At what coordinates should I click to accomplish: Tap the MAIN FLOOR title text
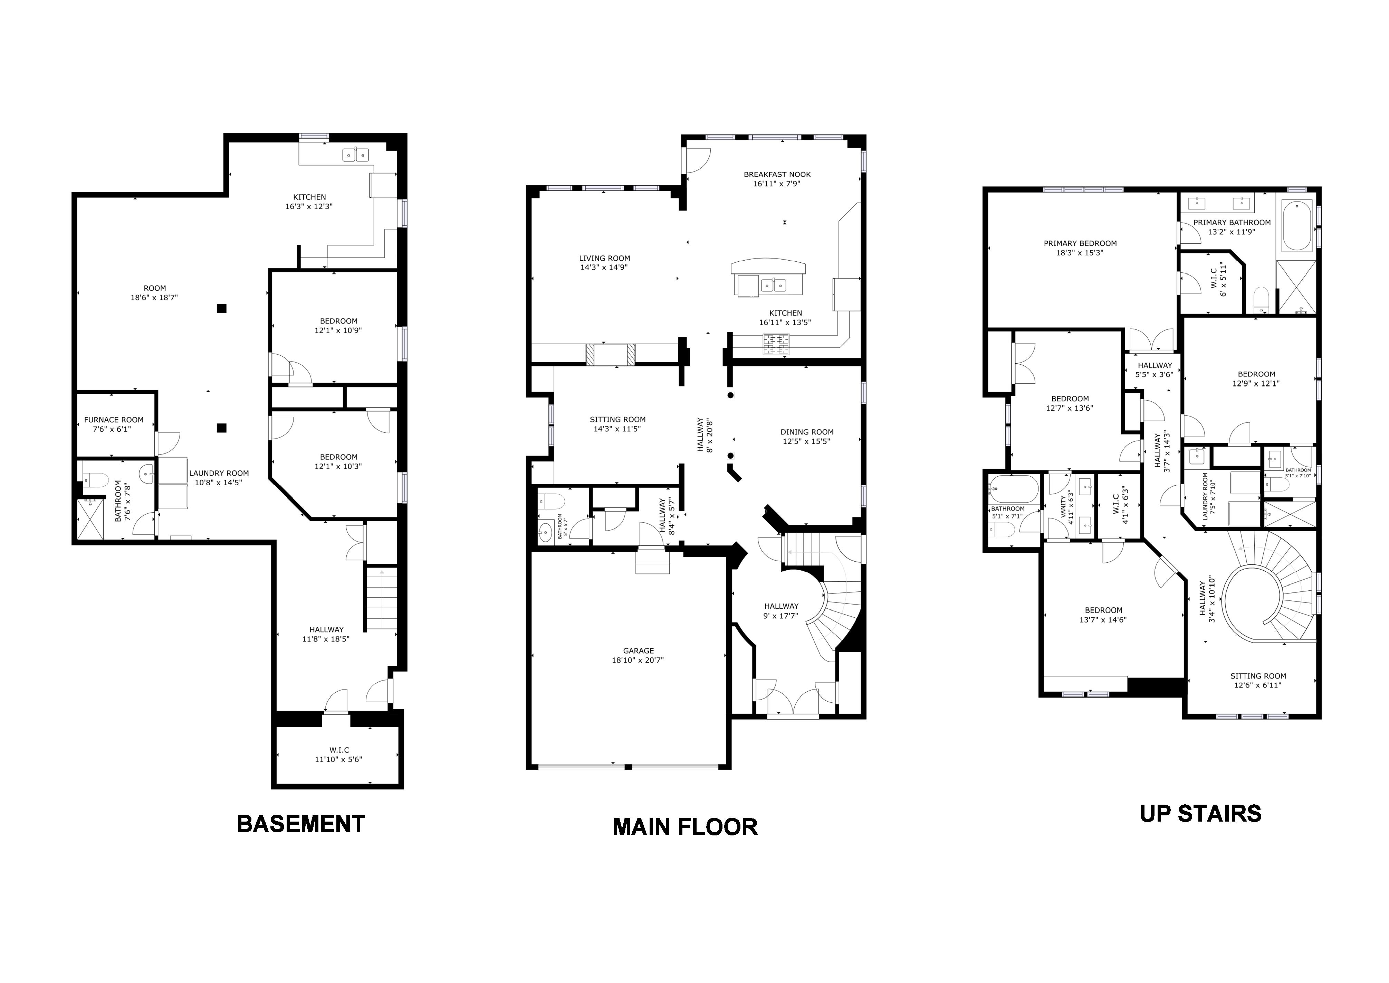685,827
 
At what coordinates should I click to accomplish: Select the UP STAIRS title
1200,814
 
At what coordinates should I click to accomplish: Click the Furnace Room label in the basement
114,420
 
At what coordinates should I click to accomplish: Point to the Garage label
638,651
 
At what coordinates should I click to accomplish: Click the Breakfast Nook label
777,174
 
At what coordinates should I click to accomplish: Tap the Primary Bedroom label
1080,243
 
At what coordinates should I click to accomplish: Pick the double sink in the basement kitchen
356,155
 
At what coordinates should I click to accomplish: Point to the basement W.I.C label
339,750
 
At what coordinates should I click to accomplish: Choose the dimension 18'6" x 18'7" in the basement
154,298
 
